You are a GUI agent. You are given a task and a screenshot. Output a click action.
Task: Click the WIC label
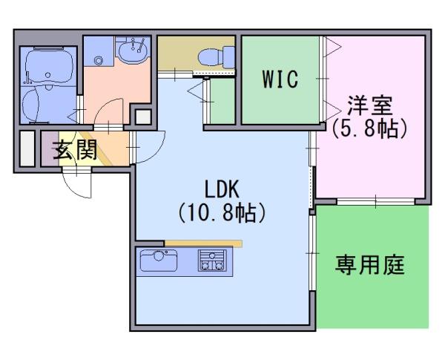280,79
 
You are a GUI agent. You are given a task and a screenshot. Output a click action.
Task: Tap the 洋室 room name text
370,106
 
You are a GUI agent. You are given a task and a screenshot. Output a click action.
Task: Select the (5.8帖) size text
370,128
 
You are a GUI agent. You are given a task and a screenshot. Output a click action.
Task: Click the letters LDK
222,189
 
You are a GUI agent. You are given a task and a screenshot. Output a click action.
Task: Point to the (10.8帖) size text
222,212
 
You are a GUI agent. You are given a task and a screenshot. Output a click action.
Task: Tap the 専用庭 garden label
370,265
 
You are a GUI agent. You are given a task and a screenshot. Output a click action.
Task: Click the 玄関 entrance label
76,150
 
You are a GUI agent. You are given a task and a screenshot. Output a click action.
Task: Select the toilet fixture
217,58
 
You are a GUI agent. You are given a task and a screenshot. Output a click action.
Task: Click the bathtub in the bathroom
49,67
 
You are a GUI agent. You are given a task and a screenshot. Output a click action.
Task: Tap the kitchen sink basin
159,261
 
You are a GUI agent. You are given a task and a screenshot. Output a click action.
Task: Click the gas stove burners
212,260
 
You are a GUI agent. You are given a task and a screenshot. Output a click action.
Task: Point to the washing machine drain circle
99,60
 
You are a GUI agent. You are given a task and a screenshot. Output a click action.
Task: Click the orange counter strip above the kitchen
203,243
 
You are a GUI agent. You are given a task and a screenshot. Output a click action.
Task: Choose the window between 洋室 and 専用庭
376,202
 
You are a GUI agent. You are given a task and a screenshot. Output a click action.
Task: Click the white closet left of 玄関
27,148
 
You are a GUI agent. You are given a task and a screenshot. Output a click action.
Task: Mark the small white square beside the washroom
143,117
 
